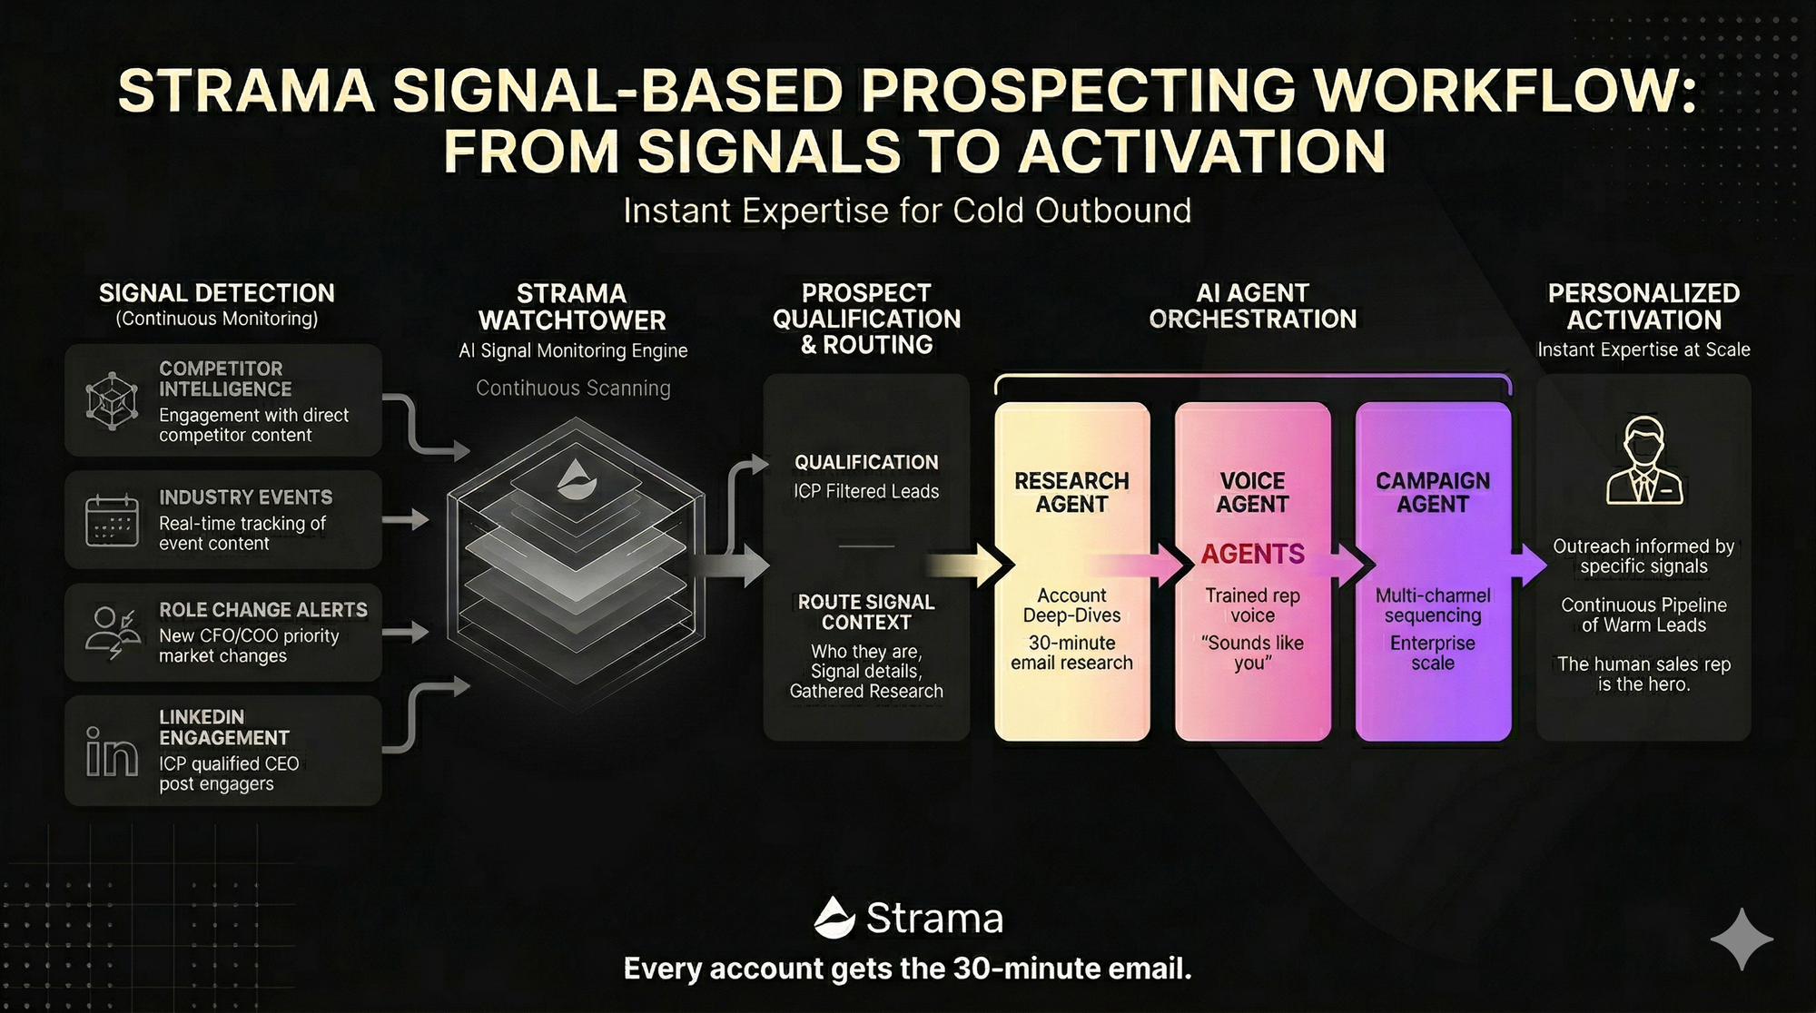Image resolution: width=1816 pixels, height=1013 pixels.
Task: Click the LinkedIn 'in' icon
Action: pos(112,752)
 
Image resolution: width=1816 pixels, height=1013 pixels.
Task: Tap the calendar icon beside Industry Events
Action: pos(112,520)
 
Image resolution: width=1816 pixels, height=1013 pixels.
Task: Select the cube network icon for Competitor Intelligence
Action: pos(112,400)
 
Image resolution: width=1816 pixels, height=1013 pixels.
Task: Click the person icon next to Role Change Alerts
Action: pos(111,632)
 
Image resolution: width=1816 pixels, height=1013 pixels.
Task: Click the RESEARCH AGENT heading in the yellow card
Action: pos(1071,492)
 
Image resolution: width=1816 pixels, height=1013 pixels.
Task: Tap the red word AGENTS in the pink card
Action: pos(1252,554)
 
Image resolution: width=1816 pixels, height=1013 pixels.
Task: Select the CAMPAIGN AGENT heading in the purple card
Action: pos(1433,492)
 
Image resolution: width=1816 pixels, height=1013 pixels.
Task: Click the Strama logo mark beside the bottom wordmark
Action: pos(834,918)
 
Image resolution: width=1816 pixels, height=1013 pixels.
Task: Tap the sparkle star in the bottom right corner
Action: pos(1742,939)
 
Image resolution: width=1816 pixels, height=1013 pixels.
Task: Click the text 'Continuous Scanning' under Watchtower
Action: pos(573,388)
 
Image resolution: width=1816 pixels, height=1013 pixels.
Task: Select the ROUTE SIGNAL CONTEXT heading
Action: pos(866,612)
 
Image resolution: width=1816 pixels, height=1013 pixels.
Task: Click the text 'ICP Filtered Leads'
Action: pos(866,491)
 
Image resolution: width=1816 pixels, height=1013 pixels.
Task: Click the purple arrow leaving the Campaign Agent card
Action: pos(1529,566)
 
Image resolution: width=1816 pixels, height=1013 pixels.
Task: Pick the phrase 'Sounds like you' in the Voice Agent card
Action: pos(1252,653)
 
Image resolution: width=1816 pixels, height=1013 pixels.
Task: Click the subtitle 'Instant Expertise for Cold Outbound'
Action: pos(907,211)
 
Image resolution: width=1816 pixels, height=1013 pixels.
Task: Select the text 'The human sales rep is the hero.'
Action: pos(1643,674)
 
